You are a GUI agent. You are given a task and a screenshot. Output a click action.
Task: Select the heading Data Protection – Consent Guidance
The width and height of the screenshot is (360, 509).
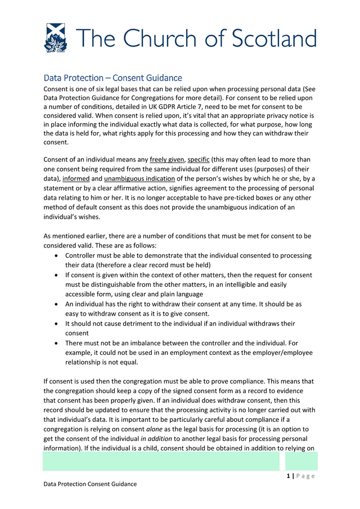click(112, 78)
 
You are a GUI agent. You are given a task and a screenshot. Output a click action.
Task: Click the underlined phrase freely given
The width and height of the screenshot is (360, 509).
click(166, 159)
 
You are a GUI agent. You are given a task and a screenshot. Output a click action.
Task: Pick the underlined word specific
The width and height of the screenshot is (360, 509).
click(199, 159)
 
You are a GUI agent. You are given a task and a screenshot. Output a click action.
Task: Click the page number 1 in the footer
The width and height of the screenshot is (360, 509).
click(287, 476)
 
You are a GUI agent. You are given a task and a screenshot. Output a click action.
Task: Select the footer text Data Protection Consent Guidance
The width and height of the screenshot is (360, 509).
click(90, 484)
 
